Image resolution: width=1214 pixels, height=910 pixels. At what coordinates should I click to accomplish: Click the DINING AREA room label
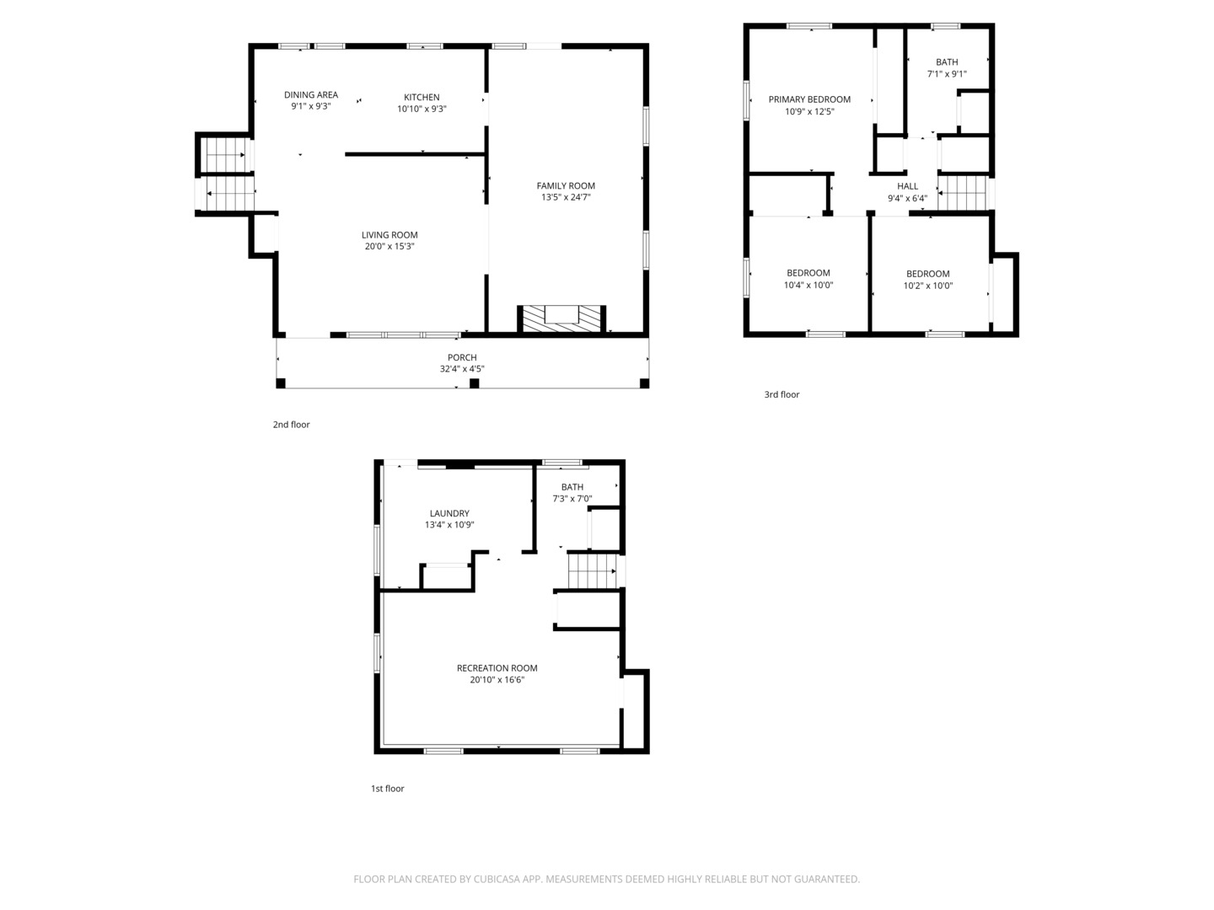click(311, 95)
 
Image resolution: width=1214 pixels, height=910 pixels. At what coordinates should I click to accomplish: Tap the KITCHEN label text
click(422, 97)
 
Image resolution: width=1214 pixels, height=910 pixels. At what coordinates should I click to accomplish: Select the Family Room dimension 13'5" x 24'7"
click(566, 197)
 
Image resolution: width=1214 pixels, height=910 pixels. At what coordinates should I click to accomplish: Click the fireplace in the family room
click(561, 318)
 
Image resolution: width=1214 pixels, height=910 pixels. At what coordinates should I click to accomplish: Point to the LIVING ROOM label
click(389, 235)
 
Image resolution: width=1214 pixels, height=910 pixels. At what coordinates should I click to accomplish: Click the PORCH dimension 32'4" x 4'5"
click(462, 369)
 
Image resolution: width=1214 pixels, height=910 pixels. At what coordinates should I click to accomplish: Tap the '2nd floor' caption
click(291, 425)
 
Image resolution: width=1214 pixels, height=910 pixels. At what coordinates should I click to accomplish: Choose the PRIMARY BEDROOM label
click(809, 99)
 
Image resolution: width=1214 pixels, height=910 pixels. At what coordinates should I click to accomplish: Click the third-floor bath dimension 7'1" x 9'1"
click(947, 74)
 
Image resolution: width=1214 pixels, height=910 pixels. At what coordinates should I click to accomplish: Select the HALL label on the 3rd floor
click(908, 186)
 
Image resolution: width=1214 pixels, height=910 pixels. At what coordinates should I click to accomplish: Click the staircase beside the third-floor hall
click(963, 194)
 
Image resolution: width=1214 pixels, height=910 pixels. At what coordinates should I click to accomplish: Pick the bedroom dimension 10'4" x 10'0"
click(808, 285)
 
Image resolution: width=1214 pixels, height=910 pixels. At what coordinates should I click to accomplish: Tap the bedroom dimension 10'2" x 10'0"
click(928, 286)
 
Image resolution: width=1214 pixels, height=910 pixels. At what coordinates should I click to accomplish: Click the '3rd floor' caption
click(782, 394)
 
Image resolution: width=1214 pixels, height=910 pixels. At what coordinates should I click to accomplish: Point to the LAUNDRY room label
click(449, 513)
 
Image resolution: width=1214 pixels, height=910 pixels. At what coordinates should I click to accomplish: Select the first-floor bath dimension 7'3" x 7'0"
click(572, 499)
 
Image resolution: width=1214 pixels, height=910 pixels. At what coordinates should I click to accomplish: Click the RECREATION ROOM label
click(497, 668)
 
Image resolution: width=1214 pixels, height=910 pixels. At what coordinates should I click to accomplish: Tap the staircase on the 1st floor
click(593, 570)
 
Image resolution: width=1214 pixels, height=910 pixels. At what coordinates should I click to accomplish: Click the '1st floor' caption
click(387, 789)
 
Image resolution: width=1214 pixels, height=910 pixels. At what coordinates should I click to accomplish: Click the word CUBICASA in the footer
click(496, 879)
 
